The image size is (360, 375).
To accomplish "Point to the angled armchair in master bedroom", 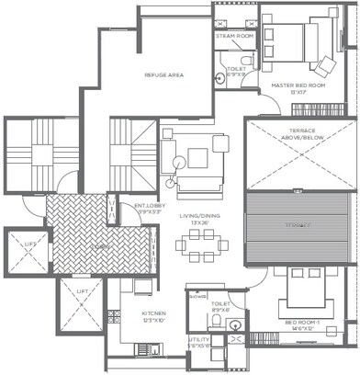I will point(327,65).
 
